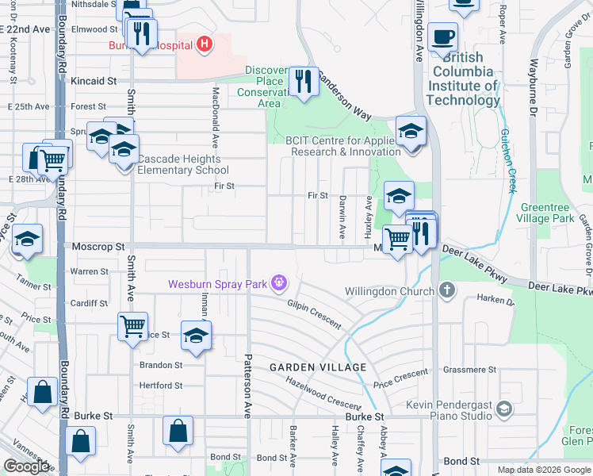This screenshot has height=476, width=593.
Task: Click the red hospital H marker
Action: (205, 43)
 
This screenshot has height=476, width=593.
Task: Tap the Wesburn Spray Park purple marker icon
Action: (278, 282)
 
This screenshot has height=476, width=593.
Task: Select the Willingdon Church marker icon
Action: (447, 290)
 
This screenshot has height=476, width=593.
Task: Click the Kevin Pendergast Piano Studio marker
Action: (503, 409)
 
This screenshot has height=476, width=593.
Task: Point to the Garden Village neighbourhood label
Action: (317, 367)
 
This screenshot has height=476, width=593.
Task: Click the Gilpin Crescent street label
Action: (314, 314)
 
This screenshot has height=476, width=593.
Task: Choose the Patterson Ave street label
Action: (247, 378)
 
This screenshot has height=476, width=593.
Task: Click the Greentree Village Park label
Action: (546, 213)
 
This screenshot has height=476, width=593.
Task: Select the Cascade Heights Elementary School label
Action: (183, 164)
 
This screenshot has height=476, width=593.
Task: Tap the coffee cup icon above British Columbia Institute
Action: (442, 36)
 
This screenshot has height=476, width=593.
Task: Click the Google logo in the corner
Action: (26, 466)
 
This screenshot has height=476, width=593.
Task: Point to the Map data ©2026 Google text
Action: (543, 470)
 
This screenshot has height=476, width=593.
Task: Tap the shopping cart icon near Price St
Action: (132, 326)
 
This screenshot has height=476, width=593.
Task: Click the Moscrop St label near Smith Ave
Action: (98, 247)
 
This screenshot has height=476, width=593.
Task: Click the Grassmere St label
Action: (470, 370)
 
